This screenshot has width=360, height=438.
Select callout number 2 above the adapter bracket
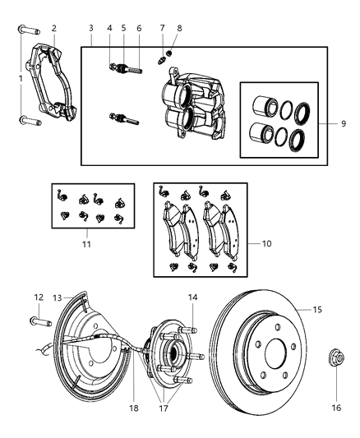pos(53,28)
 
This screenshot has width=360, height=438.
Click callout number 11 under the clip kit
pos(86,244)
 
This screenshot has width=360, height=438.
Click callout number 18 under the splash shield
pos(134,406)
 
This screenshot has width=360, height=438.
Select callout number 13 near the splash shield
pos(58,297)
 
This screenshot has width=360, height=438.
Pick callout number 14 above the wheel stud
pos(192,297)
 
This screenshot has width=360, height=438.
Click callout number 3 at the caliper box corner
pos(91,28)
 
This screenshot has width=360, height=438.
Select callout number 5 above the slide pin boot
pos(123,28)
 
